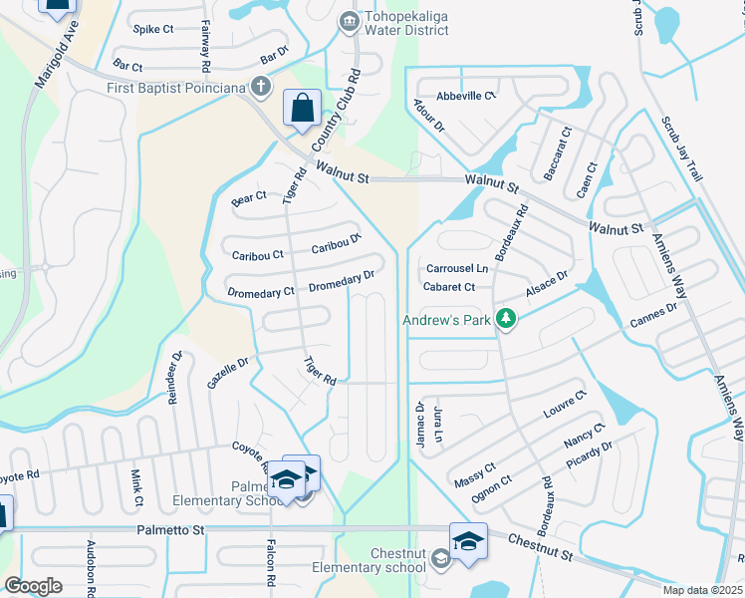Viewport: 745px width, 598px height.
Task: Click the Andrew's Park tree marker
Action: click(x=506, y=320)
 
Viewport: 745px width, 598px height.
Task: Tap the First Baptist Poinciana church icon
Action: click(x=261, y=87)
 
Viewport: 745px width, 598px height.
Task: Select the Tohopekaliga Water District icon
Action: click(x=348, y=21)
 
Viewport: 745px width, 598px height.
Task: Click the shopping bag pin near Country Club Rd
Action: click(x=302, y=108)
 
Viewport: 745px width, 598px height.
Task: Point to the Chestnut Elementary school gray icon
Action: click(x=440, y=560)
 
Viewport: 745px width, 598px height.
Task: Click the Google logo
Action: click(x=33, y=585)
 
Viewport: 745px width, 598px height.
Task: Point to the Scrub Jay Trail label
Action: click(x=682, y=149)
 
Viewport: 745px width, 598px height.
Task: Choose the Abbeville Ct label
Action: click(x=466, y=96)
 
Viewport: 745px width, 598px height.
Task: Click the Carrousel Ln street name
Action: click(x=457, y=269)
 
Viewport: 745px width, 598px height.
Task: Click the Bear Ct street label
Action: click(x=249, y=197)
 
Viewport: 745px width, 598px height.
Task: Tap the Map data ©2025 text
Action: click(x=703, y=590)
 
